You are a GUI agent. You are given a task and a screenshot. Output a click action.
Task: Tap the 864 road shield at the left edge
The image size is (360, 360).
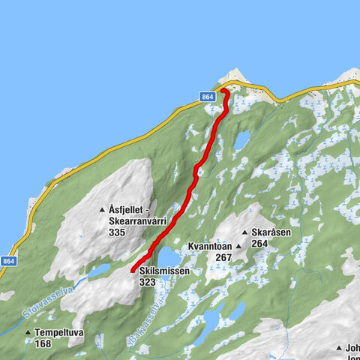(x=7, y=261)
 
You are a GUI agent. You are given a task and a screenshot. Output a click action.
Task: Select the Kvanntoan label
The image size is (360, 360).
(x=208, y=246)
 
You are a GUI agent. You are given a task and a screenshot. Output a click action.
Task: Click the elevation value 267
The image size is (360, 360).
(x=202, y=257)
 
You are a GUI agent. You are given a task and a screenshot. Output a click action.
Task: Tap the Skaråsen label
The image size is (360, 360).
(x=270, y=232)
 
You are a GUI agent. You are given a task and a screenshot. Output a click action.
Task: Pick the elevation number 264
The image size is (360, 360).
(x=260, y=243)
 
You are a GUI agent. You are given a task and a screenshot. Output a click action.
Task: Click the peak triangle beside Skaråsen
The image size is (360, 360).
(x=244, y=233)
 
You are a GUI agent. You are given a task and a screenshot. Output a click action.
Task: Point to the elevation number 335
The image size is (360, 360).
(x=116, y=233)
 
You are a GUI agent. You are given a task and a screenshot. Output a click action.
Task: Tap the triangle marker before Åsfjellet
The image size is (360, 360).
(x=102, y=211)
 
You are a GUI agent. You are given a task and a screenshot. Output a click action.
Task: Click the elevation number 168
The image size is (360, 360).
(x=43, y=343)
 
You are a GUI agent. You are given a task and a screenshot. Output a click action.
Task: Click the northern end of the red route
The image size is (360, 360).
(x=223, y=91)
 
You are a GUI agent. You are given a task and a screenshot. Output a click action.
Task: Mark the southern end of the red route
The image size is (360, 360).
(x=133, y=270)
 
